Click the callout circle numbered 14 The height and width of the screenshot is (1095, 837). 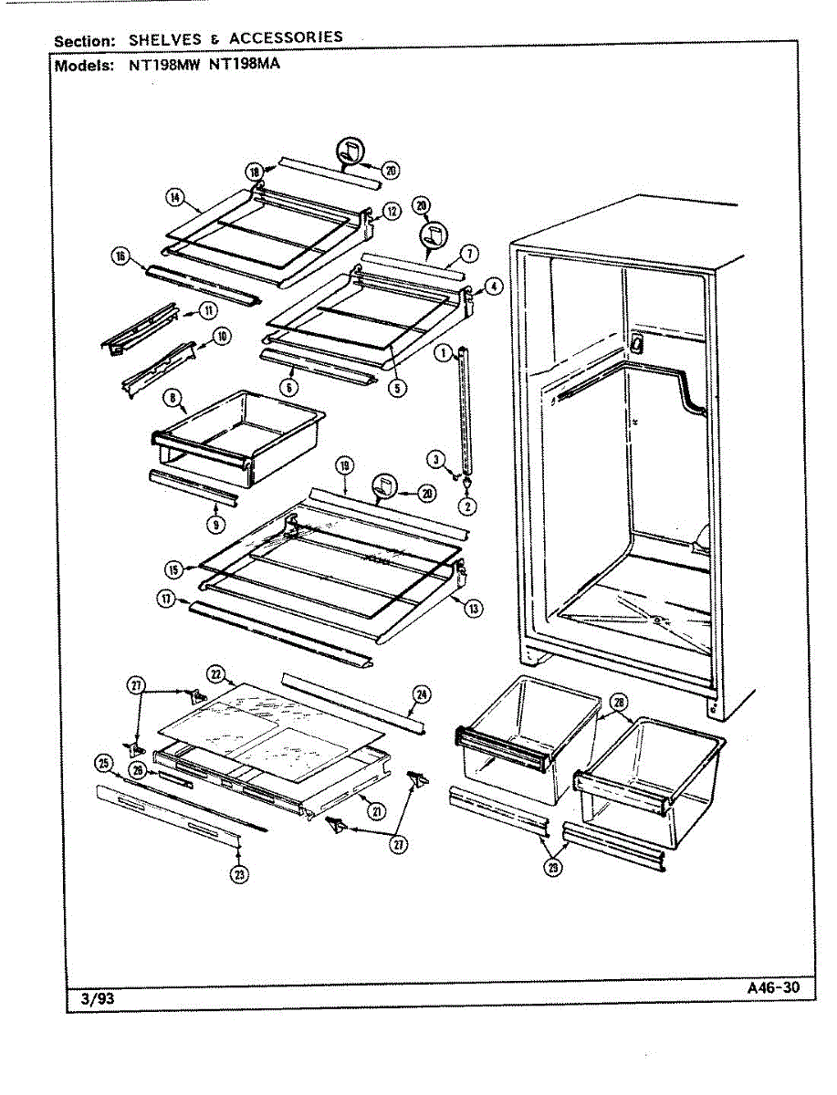pyautogui.click(x=173, y=195)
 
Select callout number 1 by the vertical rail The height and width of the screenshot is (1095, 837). pyautogui.click(x=442, y=352)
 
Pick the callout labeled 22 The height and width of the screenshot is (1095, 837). pyautogui.click(x=216, y=674)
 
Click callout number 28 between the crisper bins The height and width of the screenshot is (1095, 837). pyautogui.click(x=619, y=702)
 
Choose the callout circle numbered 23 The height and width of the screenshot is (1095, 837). pyautogui.click(x=238, y=874)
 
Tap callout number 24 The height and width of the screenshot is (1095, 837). pyautogui.click(x=421, y=695)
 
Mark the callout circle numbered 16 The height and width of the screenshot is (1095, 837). pyautogui.click(x=120, y=256)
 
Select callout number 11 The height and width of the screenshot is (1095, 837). pyautogui.click(x=208, y=310)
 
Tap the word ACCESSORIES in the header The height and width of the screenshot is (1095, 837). pyautogui.click(x=286, y=37)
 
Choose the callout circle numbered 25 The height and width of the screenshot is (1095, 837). pyautogui.click(x=103, y=762)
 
